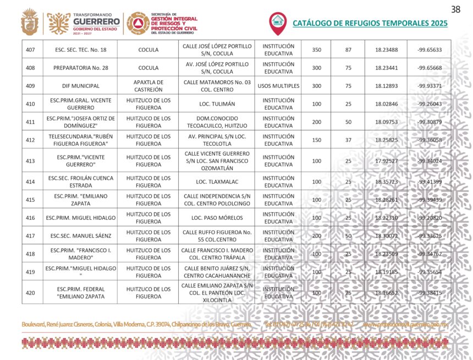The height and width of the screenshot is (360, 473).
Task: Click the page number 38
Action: coord(455,9)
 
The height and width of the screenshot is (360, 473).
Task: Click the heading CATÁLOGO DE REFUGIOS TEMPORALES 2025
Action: coord(370,23)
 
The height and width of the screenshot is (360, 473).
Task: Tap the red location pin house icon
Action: coord(278,22)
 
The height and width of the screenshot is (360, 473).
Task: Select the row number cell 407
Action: coord(31,50)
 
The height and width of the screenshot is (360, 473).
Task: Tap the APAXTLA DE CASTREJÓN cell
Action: coord(148,86)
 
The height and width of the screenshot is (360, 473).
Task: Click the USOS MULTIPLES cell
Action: coord(278,86)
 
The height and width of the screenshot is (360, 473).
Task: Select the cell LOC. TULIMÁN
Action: coord(217,104)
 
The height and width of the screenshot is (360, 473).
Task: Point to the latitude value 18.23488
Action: coord(386,50)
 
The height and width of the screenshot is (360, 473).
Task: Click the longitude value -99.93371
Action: coord(429,86)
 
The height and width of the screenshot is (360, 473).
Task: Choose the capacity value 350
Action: coord(317,50)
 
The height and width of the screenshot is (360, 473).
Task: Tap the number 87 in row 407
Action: coord(348,50)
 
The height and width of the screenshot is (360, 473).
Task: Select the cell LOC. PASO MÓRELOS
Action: coord(217,218)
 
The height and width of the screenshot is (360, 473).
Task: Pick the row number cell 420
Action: coord(31,293)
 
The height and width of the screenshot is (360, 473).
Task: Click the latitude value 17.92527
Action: coord(386,161)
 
